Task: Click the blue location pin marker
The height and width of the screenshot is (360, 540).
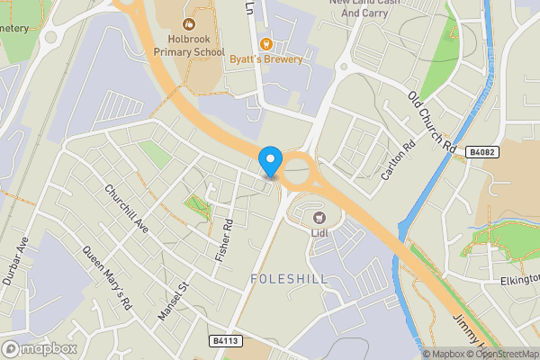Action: click(270, 161)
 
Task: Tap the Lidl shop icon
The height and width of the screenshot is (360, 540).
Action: click(318, 217)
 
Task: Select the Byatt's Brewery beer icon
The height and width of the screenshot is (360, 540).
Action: click(265, 43)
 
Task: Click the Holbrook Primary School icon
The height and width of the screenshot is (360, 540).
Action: click(189, 24)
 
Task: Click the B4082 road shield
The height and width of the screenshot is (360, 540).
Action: click(481, 153)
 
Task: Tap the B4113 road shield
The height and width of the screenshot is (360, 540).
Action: click(226, 340)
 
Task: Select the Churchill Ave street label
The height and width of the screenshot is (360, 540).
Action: click(125, 206)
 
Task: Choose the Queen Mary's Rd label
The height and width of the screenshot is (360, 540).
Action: click(107, 278)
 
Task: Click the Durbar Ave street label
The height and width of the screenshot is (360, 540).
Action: click(16, 261)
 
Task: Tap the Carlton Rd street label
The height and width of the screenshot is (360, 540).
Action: click(397, 159)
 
